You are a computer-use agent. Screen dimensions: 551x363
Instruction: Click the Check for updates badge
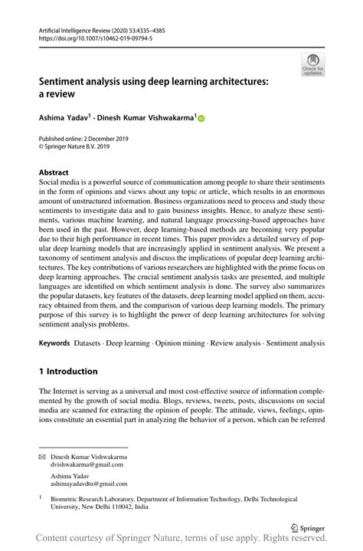[x=312, y=64]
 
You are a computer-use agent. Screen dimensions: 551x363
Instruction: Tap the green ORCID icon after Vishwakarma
[x=201, y=119]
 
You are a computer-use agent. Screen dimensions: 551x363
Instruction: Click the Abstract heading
[x=54, y=173]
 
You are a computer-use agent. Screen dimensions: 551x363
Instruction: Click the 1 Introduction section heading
[x=68, y=372]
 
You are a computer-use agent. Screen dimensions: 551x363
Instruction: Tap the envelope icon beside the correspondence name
[x=43, y=457]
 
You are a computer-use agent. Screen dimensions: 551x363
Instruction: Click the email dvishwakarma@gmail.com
[x=87, y=464]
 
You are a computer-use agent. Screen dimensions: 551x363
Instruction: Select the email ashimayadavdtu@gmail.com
[x=91, y=484]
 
